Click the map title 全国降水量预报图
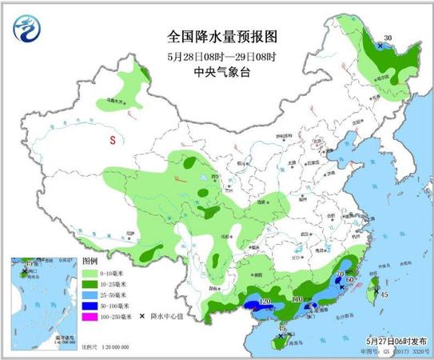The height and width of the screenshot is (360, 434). [217, 37]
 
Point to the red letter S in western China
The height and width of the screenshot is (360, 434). [113, 140]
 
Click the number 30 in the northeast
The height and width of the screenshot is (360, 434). [388, 38]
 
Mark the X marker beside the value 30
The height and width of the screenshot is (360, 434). [379, 46]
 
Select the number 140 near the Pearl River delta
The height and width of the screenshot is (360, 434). [300, 299]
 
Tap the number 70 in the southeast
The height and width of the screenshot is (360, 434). [340, 276]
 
